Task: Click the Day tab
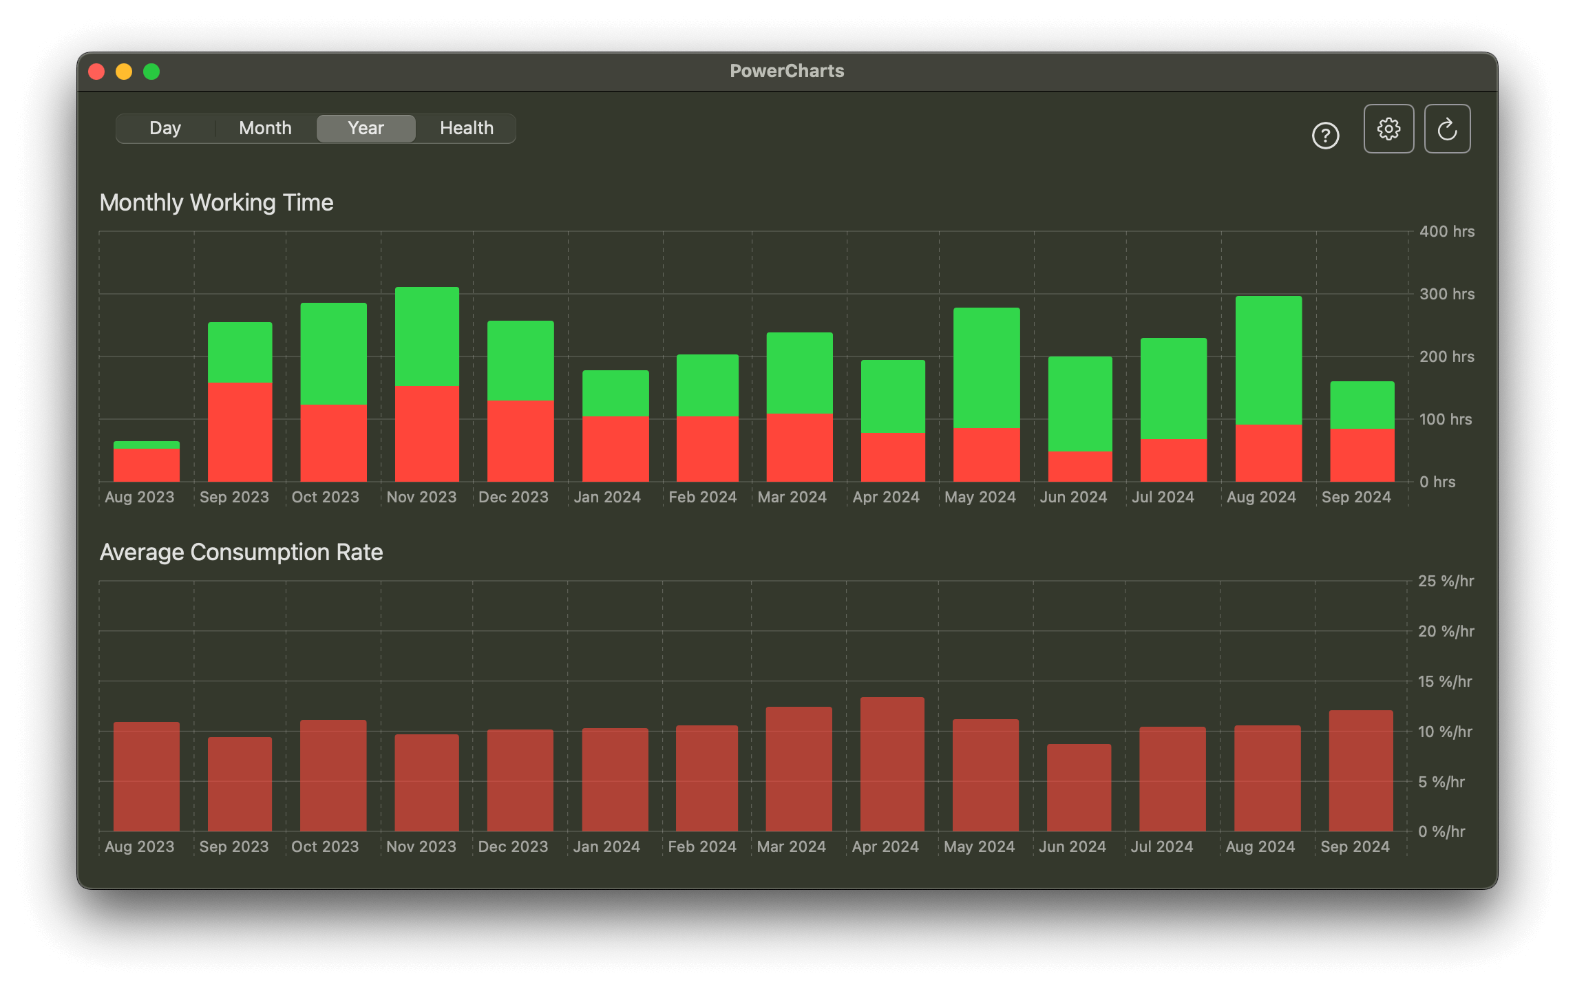pos(165,129)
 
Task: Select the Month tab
pos(265,129)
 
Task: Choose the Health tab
pos(466,129)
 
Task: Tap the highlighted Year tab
pos(366,129)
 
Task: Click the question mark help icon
pos(1325,136)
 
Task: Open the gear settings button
pos(1388,129)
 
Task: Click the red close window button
pos(96,72)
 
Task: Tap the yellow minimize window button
pos(124,72)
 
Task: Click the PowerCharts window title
pos(787,71)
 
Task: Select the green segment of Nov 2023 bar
pos(427,337)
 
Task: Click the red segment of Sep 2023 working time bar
pos(240,431)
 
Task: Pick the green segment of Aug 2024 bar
pos(1268,360)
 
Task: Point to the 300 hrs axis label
pos(1446,294)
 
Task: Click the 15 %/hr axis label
pos(1444,681)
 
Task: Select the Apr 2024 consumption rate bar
pos(892,764)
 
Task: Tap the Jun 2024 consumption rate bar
pos(1079,787)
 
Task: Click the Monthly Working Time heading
pos(216,202)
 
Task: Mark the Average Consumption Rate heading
pos(241,552)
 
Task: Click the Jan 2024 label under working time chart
pos(606,497)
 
